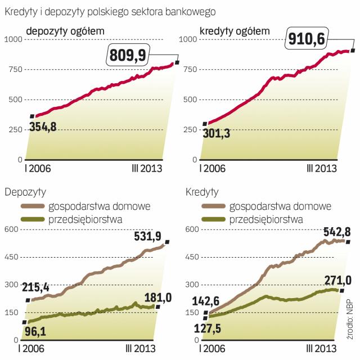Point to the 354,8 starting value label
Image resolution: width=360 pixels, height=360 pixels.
51,127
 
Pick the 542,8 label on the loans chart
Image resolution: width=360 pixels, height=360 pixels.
323,232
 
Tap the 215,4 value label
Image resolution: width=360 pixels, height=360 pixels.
43,288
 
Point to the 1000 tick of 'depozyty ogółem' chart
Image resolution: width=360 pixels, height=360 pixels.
12,39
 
